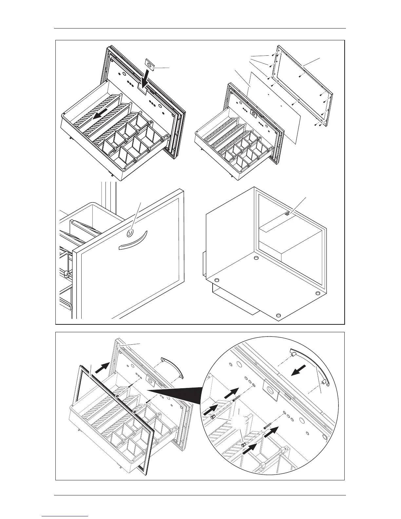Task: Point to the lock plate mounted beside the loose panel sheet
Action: point(253,112)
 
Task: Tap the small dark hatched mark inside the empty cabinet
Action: point(287,213)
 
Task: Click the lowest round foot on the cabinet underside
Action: point(278,315)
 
